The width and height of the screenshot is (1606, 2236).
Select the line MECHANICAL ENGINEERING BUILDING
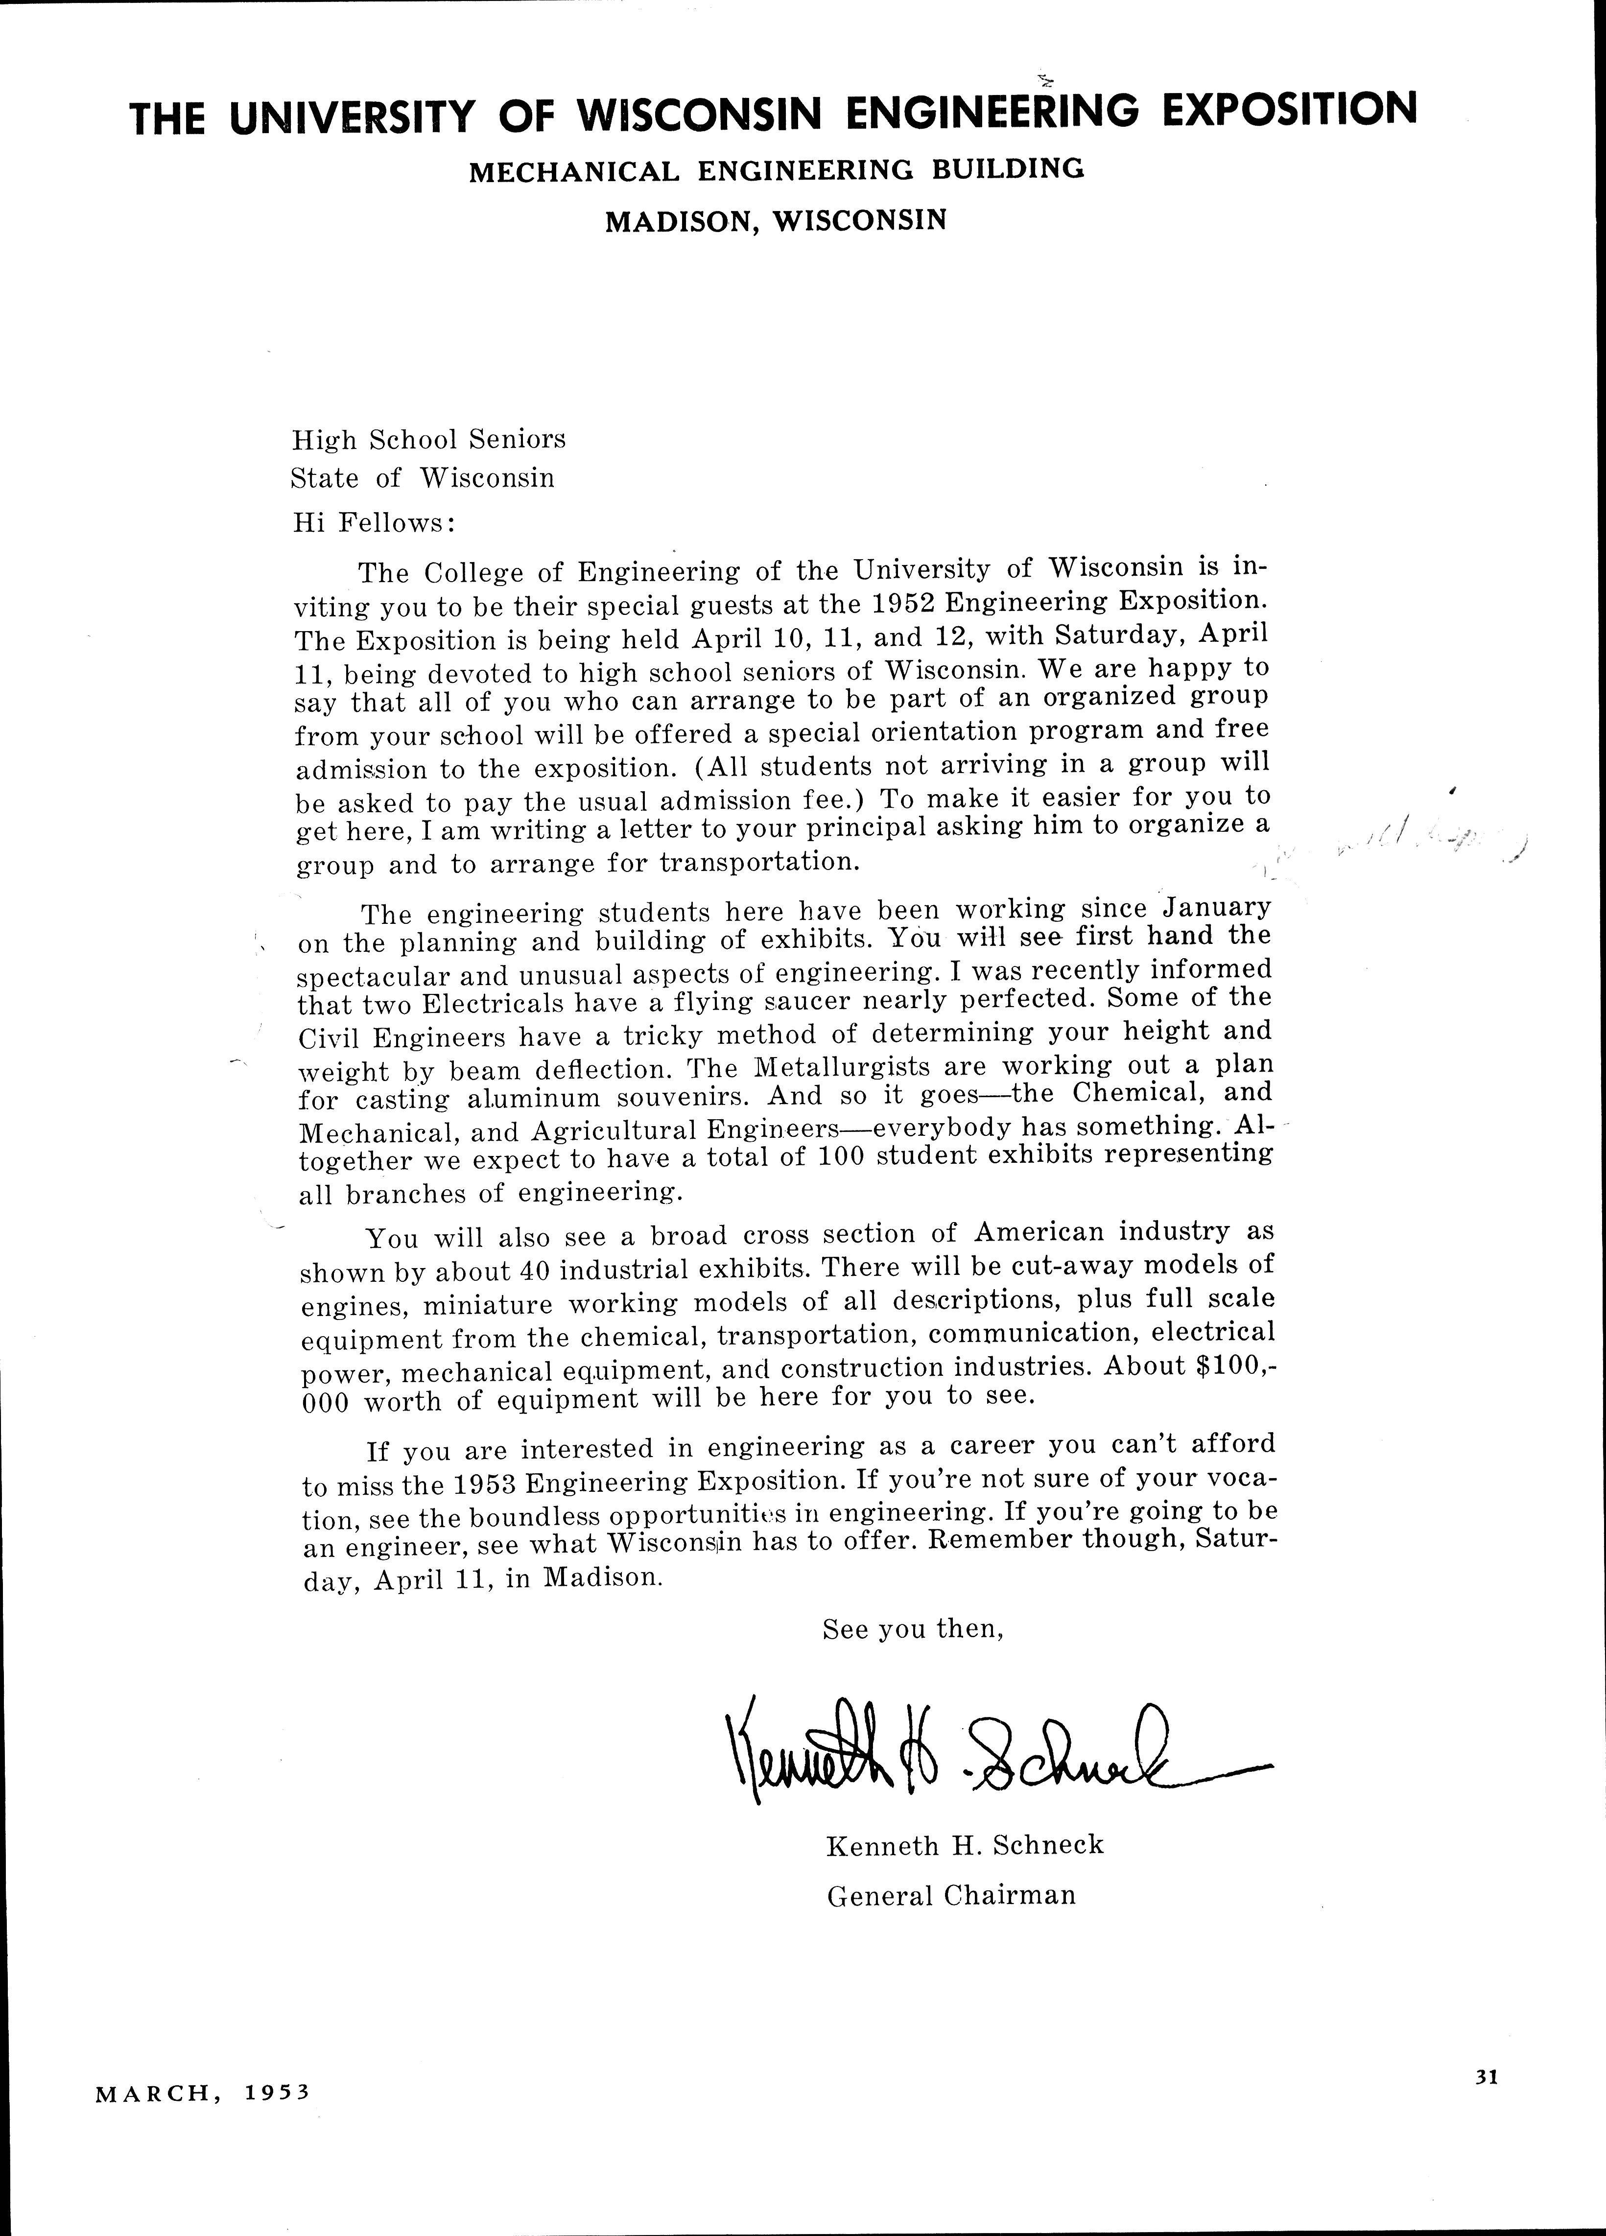pos(776,170)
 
